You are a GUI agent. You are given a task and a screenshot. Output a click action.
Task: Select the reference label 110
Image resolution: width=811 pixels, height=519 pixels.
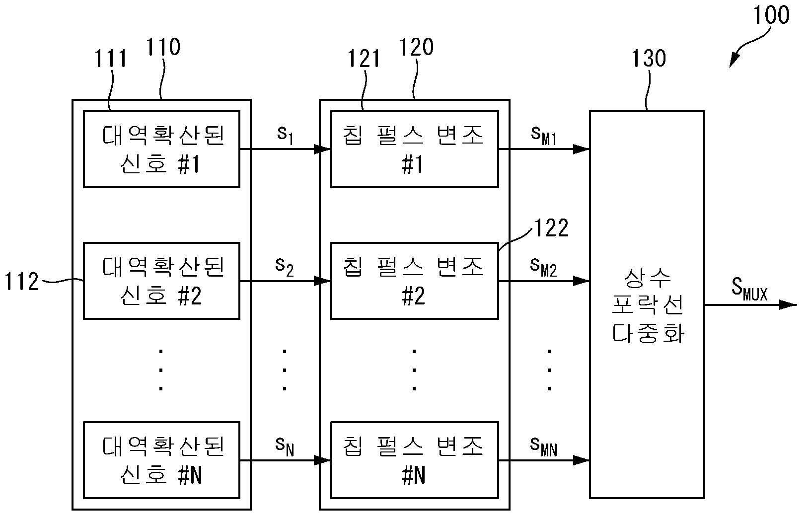point(163,48)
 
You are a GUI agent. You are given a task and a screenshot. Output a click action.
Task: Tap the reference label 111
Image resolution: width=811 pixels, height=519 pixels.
point(111,59)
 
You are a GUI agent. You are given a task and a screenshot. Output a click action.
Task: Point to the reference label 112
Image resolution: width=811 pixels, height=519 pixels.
point(22,282)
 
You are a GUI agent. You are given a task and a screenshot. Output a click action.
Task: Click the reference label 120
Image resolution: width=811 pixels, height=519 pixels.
point(416,47)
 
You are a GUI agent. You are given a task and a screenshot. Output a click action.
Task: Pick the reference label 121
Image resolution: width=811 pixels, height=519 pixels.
point(364,59)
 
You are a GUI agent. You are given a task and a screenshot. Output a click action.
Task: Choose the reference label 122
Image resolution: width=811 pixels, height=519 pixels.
point(551,228)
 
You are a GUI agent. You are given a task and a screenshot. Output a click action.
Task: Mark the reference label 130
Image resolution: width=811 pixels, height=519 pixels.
point(649,59)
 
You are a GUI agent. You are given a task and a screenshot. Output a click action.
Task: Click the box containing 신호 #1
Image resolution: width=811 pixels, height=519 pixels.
point(161,149)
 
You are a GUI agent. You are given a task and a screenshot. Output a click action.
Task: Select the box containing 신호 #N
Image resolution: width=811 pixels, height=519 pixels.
point(161,460)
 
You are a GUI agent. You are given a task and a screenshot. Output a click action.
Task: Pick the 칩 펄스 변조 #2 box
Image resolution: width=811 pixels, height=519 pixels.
point(414,281)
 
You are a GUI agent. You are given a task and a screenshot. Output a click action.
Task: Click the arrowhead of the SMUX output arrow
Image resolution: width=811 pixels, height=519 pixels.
point(788,304)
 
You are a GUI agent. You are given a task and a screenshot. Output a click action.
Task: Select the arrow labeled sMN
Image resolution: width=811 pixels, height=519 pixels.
point(543,460)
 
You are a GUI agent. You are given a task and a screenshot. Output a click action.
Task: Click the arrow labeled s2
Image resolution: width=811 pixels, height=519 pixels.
point(285,281)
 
